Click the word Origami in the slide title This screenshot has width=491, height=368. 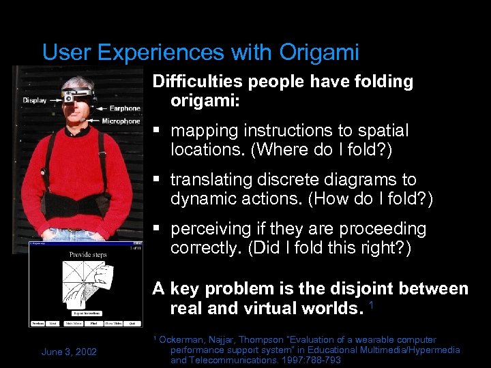click(x=319, y=52)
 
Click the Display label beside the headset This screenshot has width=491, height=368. click(x=34, y=100)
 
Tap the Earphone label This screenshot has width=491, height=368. click(x=124, y=108)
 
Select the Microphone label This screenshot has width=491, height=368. click(x=121, y=121)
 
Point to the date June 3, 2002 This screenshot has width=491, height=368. click(x=69, y=351)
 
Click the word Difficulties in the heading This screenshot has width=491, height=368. click(x=198, y=82)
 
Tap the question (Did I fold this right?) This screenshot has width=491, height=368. click(x=332, y=247)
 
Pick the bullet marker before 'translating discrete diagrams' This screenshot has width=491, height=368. click(x=157, y=180)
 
